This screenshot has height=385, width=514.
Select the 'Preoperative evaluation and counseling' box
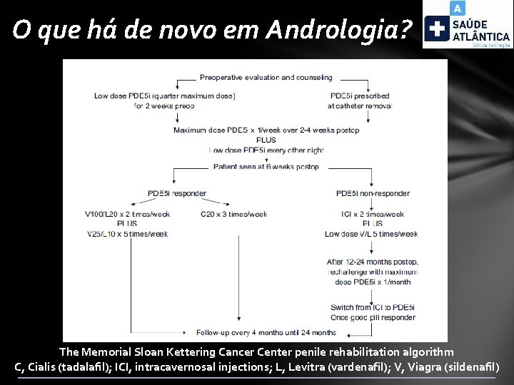pyautogui.click(x=266, y=77)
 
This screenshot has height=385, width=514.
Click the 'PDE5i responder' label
pyautogui.click(x=176, y=193)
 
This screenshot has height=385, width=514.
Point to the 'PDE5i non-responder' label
pyautogui.click(x=373, y=193)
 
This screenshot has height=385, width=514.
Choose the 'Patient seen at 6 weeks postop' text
pyautogui.click(x=266, y=167)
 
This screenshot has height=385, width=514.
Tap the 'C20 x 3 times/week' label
pyautogui.click(x=233, y=214)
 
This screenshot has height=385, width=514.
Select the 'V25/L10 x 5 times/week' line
pyautogui.click(x=126, y=234)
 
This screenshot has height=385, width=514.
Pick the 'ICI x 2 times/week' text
pyautogui.click(x=373, y=214)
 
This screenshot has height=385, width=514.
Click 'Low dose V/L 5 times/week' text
pyautogui.click(x=371, y=234)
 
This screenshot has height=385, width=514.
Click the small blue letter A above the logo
pyautogui.click(x=457, y=8)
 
